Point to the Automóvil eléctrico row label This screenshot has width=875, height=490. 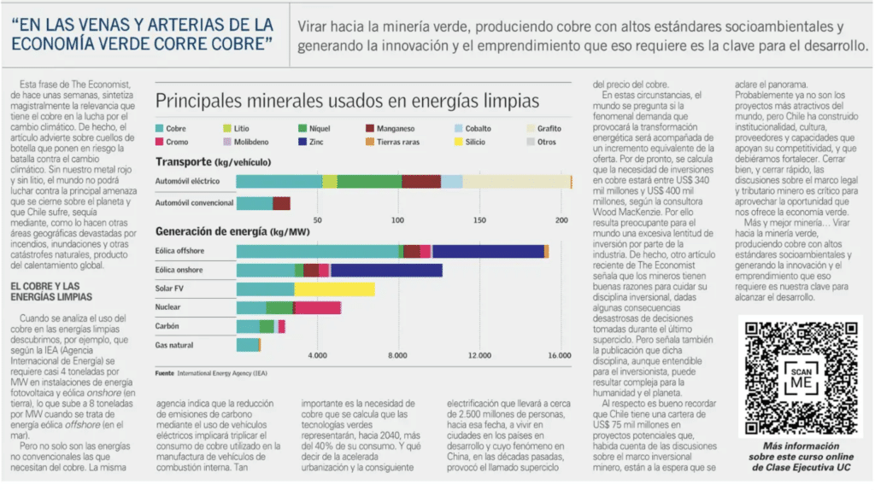[187, 181]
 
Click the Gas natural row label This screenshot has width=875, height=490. [174, 345]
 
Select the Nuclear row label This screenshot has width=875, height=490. [168, 307]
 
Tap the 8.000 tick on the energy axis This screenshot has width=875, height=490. [397, 355]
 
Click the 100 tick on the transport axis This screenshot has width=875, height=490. [397, 220]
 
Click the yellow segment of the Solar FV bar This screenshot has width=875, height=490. [334, 289]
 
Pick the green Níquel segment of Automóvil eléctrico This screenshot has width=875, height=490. [369, 181]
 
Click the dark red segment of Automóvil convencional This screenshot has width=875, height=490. [281, 203]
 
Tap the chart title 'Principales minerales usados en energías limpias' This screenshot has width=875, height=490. [347, 100]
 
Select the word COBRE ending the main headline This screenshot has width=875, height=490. [240, 42]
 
